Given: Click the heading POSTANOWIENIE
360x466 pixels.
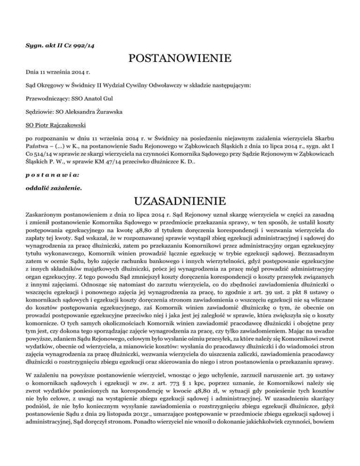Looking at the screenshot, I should pyautogui.click(x=180, y=59).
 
